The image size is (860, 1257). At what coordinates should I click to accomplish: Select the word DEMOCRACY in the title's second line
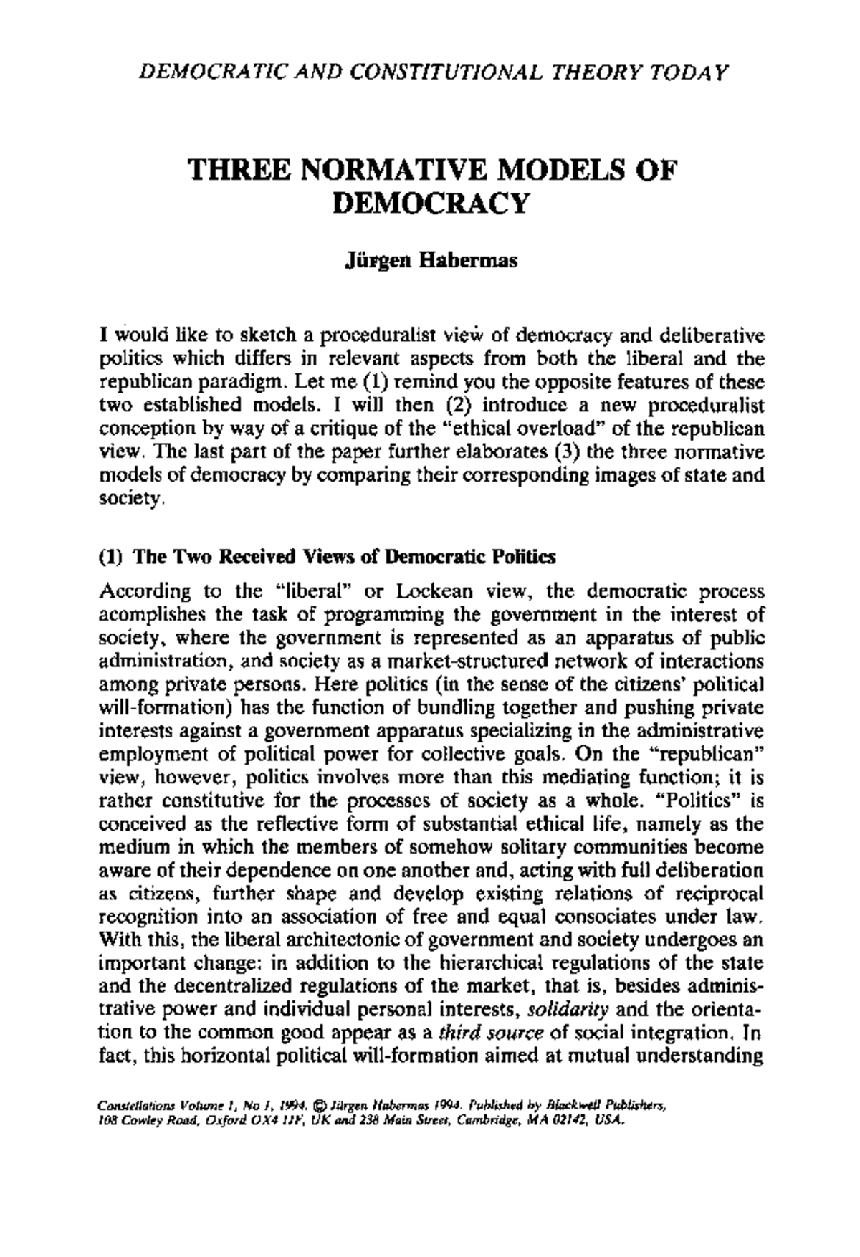pyautogui.click(x=431, y=204)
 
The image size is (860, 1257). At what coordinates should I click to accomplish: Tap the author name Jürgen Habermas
pyautogui.click(x=431, y=262)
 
